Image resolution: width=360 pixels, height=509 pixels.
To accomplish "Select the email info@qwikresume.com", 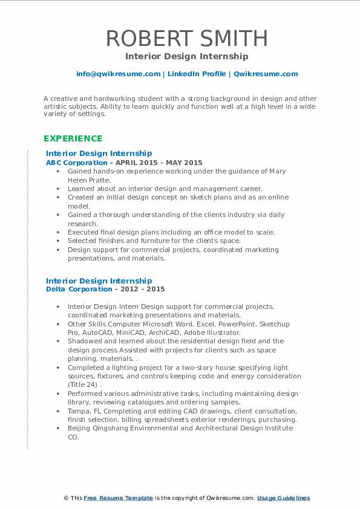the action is [118, 74].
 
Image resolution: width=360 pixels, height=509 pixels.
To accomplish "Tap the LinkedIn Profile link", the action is [197, 74].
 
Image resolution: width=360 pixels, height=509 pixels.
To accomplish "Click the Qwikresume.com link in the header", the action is [266, 74].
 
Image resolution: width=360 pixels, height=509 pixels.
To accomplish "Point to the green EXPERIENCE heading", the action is [73, 138].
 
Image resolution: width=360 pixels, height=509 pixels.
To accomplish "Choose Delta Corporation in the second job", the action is [78, 290].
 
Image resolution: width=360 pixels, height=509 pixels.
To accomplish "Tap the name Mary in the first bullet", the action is [277, 171].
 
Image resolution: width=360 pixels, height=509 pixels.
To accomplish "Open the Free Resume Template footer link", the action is [119, 498].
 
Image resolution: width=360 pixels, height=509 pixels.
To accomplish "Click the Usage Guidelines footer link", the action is [283, 498].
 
